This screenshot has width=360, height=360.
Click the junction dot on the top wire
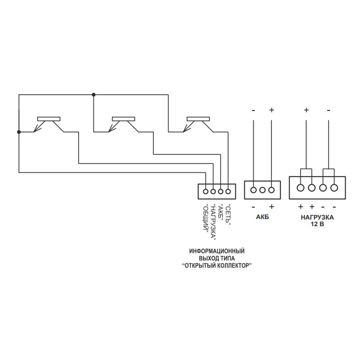pyautogui.click(x=93, y=95)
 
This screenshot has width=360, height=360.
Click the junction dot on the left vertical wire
pyautogui.click(x=19, y=132)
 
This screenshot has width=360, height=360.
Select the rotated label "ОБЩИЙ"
pyautogui.click(x=206, y=218)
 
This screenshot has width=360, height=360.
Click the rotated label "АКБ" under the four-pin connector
pyautogui.click(x=220, y=212)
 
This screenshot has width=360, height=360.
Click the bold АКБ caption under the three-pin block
pyautogui.click(x=262, y=217)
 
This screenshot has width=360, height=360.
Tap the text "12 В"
pyautogui.click(x=317, y=224)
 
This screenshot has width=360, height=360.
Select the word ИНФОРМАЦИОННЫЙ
pyautogui.click(x=217, y=251)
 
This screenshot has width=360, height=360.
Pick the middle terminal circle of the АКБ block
pyautogui.click(x=262, y=190)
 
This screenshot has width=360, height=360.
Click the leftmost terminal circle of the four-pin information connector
pyautogui.click(x=206, y=191)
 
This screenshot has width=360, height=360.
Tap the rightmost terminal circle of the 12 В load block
pyautogui.click(x=334, y=188)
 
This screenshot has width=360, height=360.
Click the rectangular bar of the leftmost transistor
pyautogui.click(x=49, y=119)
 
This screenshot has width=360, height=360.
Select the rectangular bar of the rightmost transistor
pyautogui.click(x=198, y=119)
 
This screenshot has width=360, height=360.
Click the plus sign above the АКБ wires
pyautogui.click(x=271, y=110)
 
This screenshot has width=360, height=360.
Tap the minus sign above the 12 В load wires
pyautogui.click(x=329, y=110)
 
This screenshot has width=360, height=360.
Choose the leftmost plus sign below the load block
pyautogui.click(x=300, y=207)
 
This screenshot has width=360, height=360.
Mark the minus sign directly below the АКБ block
pyautogui.click(x=253, y=207)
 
